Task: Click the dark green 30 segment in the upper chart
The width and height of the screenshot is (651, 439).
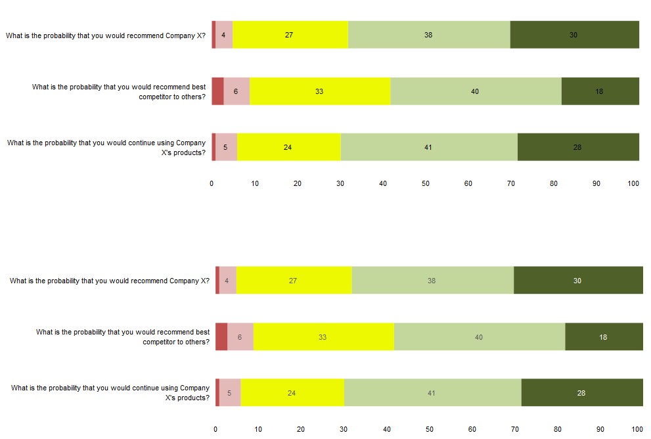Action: coord(574,35)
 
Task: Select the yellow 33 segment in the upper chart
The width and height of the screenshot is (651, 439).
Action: coord(320,91)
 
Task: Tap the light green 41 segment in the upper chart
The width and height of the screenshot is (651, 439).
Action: coord(429,147)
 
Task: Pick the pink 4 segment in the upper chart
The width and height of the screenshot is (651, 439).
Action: coord(224,35)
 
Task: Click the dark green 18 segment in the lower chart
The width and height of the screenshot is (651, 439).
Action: coord(604,337)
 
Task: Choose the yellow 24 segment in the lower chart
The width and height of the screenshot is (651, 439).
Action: coord(292,393)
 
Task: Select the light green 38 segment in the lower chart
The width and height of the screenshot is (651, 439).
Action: coord(432,281)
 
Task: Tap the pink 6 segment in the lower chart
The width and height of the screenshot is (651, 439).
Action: coord(240,337)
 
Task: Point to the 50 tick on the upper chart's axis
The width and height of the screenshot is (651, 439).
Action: coord(426,184)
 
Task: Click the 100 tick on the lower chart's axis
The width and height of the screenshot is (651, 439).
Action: coord(637,429)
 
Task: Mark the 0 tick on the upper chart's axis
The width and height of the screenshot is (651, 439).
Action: coord(212,184)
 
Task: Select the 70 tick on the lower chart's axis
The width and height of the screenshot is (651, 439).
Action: coord(515,429)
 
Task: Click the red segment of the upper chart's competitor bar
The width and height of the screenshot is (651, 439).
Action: coord(217,91)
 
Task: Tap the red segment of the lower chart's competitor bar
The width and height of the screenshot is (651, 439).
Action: coord(221,337)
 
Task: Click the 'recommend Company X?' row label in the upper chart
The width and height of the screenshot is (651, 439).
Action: coord(106,35)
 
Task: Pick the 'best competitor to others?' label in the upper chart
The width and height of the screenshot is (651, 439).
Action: coord(119,91)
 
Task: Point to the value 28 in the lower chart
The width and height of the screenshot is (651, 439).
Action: coord(581,393)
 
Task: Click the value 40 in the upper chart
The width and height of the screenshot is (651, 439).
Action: coord(475,91)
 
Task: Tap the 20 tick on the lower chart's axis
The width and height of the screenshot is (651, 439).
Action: coord(301,429)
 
